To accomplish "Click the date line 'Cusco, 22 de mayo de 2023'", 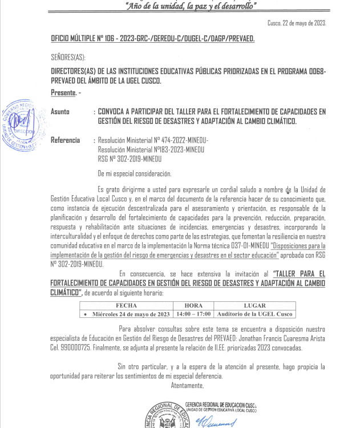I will [x=297, y=23].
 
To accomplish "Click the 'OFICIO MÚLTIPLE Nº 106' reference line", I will [x=152, y=38].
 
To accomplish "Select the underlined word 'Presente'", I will [x=63, y=92].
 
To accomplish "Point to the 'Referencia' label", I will [x=66, y=140].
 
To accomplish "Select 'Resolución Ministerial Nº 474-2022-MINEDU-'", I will [x=153, y=140].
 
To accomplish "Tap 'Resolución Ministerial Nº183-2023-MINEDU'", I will [x=151, y=149].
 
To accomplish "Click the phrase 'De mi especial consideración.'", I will [x=135, y=173].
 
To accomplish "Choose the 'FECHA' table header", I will [x=126, y=305].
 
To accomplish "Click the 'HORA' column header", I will [x=194, y=305].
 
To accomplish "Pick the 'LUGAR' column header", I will [x=255, y=305].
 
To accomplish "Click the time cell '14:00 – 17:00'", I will [x=194, y=313].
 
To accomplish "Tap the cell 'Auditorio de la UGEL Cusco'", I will [x=255, y=313].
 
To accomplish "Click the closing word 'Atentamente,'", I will [x=188, y=385].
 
